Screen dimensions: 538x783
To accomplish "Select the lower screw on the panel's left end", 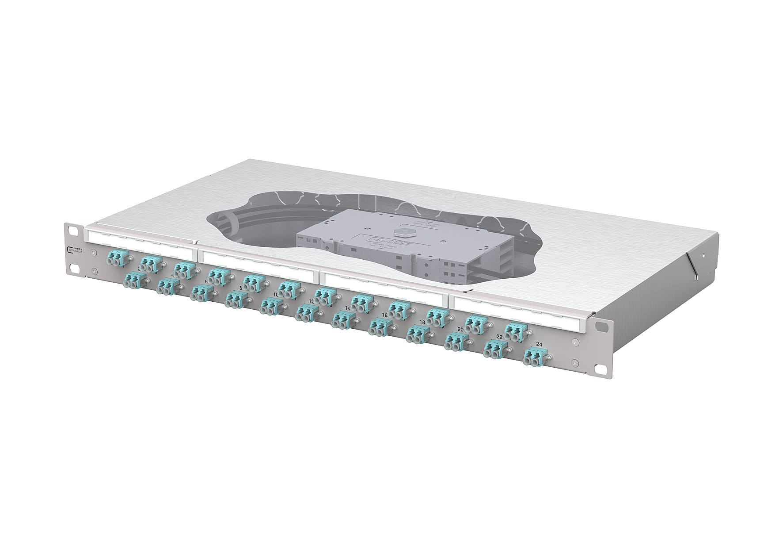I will (94, 272).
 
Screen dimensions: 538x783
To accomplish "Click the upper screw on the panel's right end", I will (574, 342).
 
